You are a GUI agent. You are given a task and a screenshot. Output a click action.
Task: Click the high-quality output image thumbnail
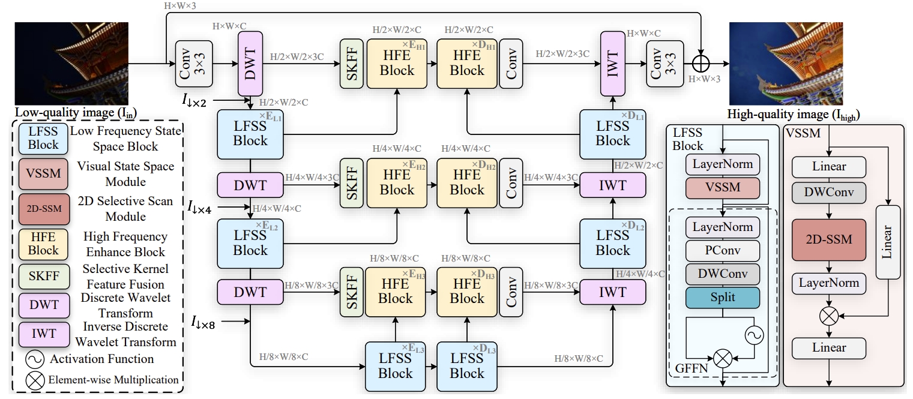(x=785, y=64)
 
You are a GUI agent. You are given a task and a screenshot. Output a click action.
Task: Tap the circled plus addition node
(x=701, y=63)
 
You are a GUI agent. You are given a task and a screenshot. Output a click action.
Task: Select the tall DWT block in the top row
(x=251, y=63)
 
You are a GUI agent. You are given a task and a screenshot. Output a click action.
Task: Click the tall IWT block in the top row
(x=613, y=63)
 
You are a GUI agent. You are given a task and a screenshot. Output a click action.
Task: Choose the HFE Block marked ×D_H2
(x=467, y=183)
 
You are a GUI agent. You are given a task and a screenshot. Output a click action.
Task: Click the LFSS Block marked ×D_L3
(x=467, y=366)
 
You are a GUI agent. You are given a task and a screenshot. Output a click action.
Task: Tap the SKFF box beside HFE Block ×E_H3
(x=351, y=291)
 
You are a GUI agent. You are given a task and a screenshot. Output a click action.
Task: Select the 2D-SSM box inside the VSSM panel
(x=828, y=240)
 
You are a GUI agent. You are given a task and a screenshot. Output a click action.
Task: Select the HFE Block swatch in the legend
(x=44, y=244)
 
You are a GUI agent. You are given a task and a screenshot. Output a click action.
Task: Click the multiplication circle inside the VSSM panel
(x=828, y=314)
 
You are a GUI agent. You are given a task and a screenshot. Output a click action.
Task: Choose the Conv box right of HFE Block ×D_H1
(x=511, y=63)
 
